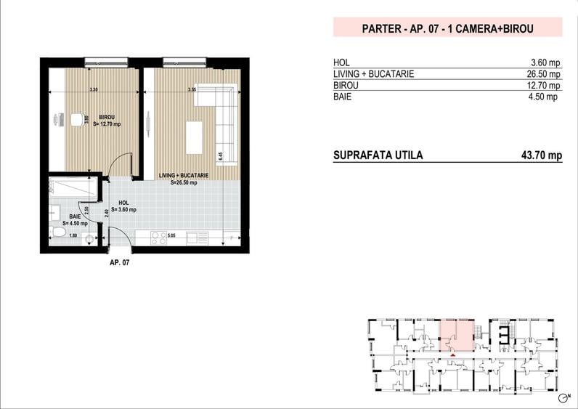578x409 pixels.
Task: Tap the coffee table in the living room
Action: pos(194,137)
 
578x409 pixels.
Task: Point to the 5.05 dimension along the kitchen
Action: pos(172,236)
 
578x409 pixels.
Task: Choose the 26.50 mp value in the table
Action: pos(545,73)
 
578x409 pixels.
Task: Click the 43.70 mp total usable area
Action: pos(542,155)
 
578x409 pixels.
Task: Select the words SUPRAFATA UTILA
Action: pos(378,155)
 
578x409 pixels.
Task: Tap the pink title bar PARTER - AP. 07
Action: pos(447,29)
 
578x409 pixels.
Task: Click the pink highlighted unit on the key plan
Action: pos(457,334)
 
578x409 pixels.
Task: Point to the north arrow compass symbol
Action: pos(564,398)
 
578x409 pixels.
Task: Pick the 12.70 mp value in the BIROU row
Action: pos(545,85)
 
